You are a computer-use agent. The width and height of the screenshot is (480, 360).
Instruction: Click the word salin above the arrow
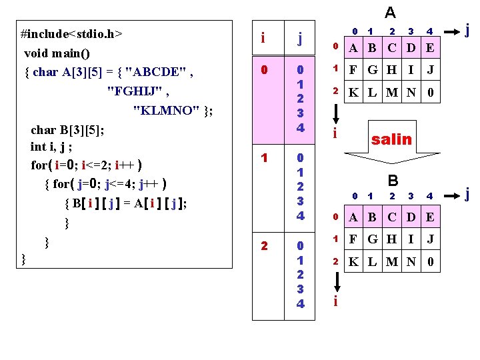391,139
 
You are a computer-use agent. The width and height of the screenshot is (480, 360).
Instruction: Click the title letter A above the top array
391,12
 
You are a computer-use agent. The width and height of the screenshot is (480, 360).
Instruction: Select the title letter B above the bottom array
393,180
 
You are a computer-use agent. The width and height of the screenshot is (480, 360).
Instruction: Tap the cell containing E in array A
430,47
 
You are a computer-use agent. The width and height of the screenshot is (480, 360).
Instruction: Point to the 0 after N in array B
430,262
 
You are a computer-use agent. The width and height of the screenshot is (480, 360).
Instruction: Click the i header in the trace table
264,39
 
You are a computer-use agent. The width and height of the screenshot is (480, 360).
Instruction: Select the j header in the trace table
300,39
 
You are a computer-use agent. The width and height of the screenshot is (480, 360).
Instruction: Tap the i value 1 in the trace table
265,159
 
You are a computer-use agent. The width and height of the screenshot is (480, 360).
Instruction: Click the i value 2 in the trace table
265,246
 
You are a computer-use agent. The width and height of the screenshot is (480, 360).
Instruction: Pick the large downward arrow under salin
391,160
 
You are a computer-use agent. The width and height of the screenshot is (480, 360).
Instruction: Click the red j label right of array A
468,30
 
